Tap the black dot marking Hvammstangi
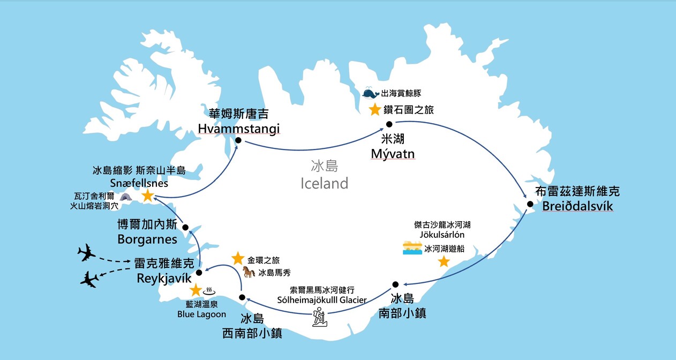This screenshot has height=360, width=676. pyautogui.click(x=238, y=141)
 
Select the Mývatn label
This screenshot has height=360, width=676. pyautogui.click(x=393, y=154)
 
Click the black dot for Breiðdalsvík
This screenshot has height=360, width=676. pyautogui.click(x=529, y=204)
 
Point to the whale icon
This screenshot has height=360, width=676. pyautogui.click(x=370, y=94)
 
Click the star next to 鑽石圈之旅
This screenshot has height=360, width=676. pyautogui.click(x=375, y=110)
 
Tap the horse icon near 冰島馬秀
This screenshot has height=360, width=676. pyautogui.click(x=249, y=272)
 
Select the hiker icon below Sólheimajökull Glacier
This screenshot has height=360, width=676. pyautogui.click(x=320, y=317)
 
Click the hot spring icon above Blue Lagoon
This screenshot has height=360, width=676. pyautogui.click(x=209, y=291)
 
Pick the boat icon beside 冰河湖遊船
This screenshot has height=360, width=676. pyautogui.click(x=412, y=248)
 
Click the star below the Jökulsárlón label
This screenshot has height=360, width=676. pyautogui.click(x=444, y=261)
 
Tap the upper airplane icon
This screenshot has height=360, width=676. pyautogui.click(x=86, y=252)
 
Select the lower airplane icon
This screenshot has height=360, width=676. pyautogui.click(x=89, y=279)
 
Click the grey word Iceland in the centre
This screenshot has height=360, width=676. pyautogui.click(x=324, y=184)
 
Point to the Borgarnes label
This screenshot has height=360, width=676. pyautogui.click(x=147, y=238)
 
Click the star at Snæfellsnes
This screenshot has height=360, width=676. pyautogui.click(x=147, y=197)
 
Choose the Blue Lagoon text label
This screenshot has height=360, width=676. pyautogui.click(x=202, y=314)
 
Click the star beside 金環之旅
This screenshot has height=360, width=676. pyautogui.click(x=238, y=259)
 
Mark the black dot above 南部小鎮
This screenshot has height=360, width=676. pyautogui.click(x=395, y=284)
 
